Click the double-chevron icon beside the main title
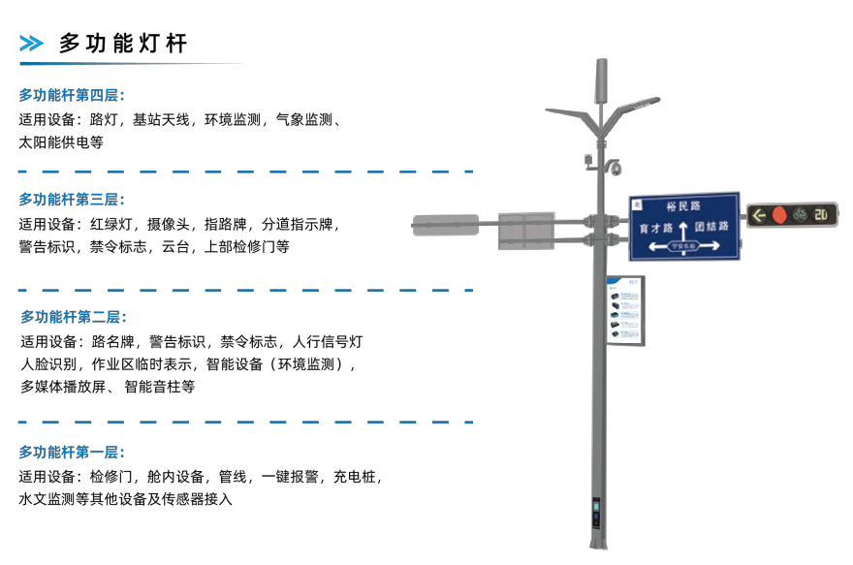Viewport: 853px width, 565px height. tap(32, 43)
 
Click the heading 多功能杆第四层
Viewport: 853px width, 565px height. tap(72, 95)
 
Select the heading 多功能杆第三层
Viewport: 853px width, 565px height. tap(72, 200)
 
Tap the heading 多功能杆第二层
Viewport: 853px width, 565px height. tap(74, 317)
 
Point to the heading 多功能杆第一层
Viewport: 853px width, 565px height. tap(72, 452)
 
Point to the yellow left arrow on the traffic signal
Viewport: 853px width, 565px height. tap(758, 214)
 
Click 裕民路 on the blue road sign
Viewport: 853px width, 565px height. tap(683, 206)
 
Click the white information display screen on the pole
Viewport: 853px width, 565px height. tap(625, 308)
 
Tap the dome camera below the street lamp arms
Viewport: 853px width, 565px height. tap(615, 169)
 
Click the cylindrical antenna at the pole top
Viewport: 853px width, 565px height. tap(600, 79)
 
